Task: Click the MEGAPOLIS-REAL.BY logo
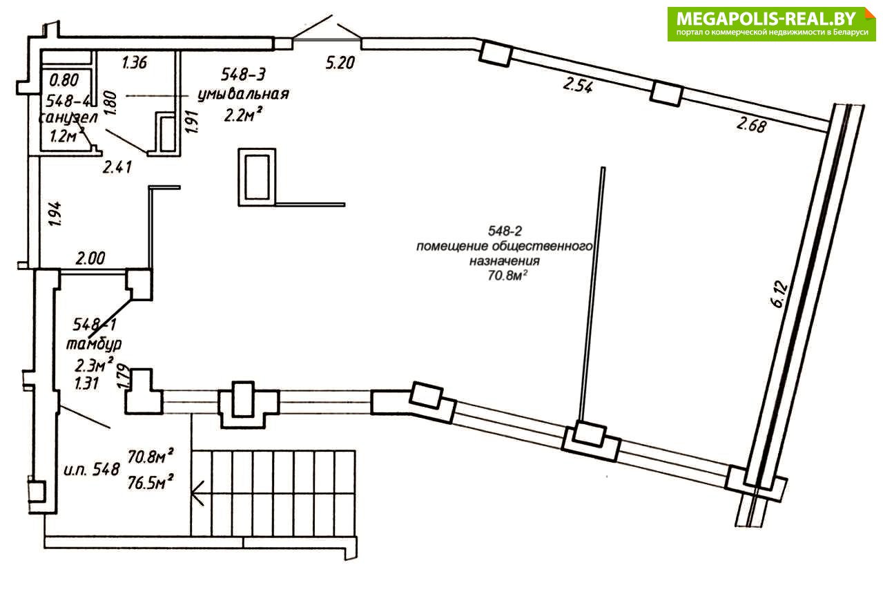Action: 771,23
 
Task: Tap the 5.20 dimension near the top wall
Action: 340,63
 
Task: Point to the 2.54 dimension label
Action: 577,85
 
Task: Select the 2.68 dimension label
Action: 751,125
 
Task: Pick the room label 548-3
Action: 243,74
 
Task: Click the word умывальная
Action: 243,95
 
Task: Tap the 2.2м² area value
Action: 243,115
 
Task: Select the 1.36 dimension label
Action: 135,62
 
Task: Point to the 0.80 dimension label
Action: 64,80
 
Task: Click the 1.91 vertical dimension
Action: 193,122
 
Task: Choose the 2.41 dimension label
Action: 117,167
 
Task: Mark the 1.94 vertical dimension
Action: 55,214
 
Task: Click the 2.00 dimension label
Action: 90,259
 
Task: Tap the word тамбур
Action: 94,345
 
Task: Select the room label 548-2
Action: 505,230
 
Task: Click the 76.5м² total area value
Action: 151,482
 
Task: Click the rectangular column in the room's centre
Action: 257,177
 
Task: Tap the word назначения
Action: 505,260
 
